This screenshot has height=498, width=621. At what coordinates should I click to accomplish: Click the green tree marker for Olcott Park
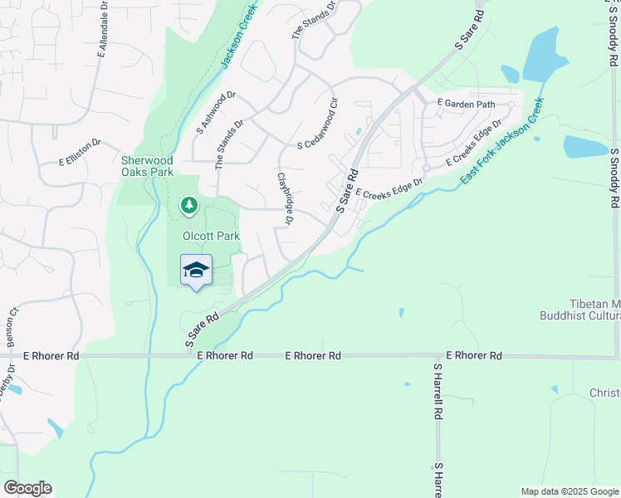pos(189,204)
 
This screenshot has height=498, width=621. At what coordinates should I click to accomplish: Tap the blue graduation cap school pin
pos(196,271)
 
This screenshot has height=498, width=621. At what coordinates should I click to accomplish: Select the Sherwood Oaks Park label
pos(147,166)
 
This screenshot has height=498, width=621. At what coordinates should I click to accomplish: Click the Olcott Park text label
pos(211,237)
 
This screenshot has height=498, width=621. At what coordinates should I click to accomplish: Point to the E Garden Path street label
pos(465,104)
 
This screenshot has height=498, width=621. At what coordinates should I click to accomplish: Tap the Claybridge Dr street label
pos(285,198)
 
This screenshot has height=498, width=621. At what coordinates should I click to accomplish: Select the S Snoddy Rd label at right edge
pos(614,178)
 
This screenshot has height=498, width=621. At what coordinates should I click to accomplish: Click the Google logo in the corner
pos(27,488)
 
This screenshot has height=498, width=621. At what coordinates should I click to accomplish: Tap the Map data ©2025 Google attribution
pos(569,491)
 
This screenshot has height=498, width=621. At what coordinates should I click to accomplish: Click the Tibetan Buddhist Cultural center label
pos(580,310)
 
